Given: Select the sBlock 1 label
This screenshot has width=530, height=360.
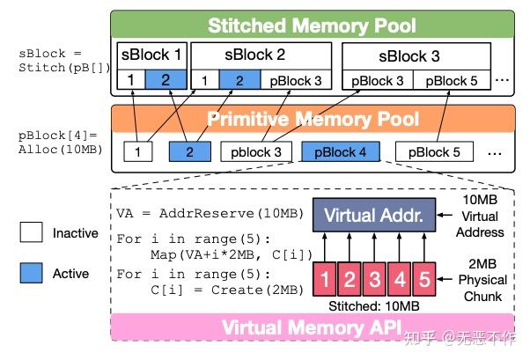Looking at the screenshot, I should tap(152, 55).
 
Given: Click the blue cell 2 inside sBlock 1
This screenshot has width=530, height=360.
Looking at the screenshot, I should tap(167, 81).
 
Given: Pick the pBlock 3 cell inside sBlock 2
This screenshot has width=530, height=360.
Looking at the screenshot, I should tap(297, 81).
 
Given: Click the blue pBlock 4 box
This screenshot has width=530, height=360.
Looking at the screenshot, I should tap(340, 152).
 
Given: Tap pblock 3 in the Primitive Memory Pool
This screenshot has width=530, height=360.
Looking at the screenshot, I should tap(256, 152).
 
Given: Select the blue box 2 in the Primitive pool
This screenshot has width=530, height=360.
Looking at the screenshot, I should tap(188, 152).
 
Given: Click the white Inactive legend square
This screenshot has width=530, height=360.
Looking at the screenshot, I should tap(33, 234).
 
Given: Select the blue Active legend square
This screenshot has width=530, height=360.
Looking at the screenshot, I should tap(33, 274).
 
